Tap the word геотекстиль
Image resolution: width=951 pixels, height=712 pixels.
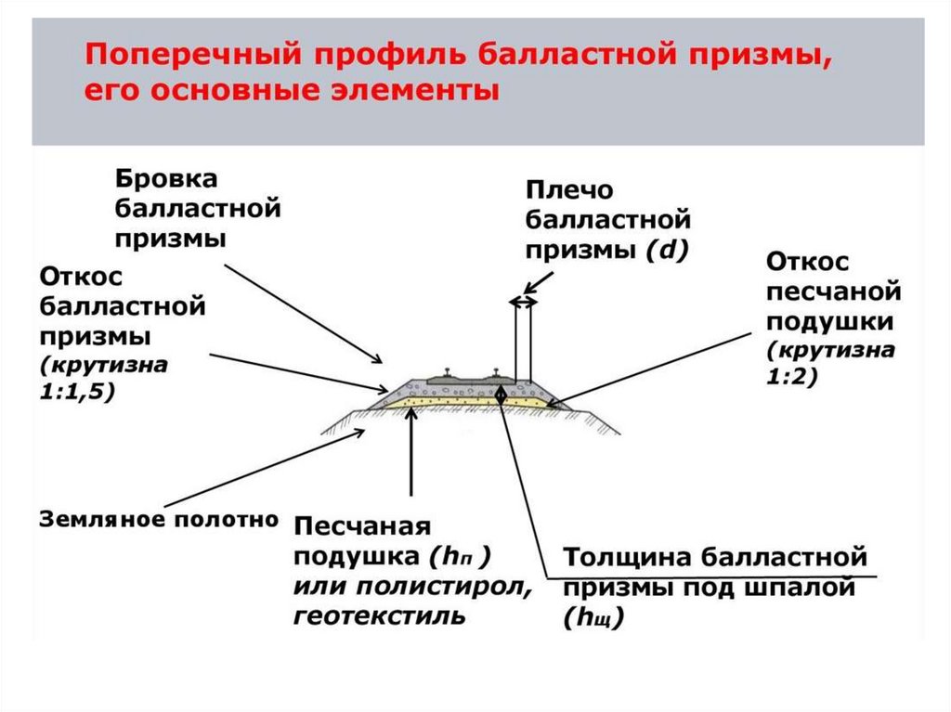click(379, 615)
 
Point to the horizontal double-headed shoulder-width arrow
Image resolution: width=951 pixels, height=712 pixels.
click(523, 302)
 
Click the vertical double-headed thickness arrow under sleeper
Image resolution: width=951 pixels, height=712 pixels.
click(501, 394)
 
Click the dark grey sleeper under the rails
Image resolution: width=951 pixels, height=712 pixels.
click(474, 380)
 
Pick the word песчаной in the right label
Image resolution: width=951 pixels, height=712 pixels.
click(833, 292)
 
